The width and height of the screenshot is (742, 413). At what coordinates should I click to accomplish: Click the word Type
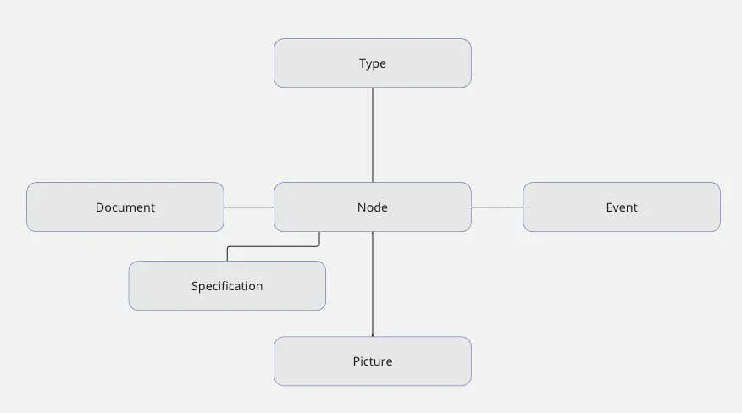(373, 63)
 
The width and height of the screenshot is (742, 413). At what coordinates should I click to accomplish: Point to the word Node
(373, 207)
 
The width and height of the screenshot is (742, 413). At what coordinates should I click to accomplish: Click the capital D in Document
(99, 207)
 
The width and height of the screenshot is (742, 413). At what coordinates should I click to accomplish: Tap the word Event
(622, 207)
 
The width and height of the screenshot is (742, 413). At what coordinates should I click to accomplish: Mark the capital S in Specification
(195, 286)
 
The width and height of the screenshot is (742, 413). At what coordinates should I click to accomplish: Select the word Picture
(373, 361)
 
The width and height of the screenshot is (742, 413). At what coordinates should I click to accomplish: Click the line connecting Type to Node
(373, 135)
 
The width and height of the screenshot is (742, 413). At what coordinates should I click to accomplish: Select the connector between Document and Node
(249, 206)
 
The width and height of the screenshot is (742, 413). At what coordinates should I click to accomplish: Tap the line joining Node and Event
(497, 206)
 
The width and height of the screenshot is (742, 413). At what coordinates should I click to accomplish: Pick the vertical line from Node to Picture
(373, 284)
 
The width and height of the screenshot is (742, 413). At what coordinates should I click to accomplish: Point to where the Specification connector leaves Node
(319, 233)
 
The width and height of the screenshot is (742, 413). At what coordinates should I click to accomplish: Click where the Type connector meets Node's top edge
(373, 182)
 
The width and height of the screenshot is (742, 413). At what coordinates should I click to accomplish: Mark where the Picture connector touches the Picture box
(373, 336)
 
